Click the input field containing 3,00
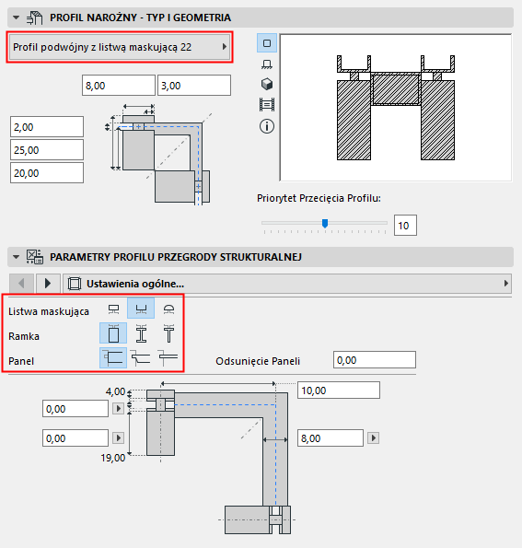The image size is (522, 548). [x=193, y=85]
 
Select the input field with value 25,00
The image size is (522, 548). [x=46, y=149]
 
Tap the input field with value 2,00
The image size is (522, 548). [x=46, y=126]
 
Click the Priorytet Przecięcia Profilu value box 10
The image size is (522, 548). [x=406, y=224]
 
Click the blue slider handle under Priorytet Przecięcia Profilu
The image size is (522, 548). [x=324, y=223]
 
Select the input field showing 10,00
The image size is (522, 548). [x=337, y=390]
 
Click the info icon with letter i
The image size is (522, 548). [x=268, y=126]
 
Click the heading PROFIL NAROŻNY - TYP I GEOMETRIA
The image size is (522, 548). [x=141, y=17]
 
